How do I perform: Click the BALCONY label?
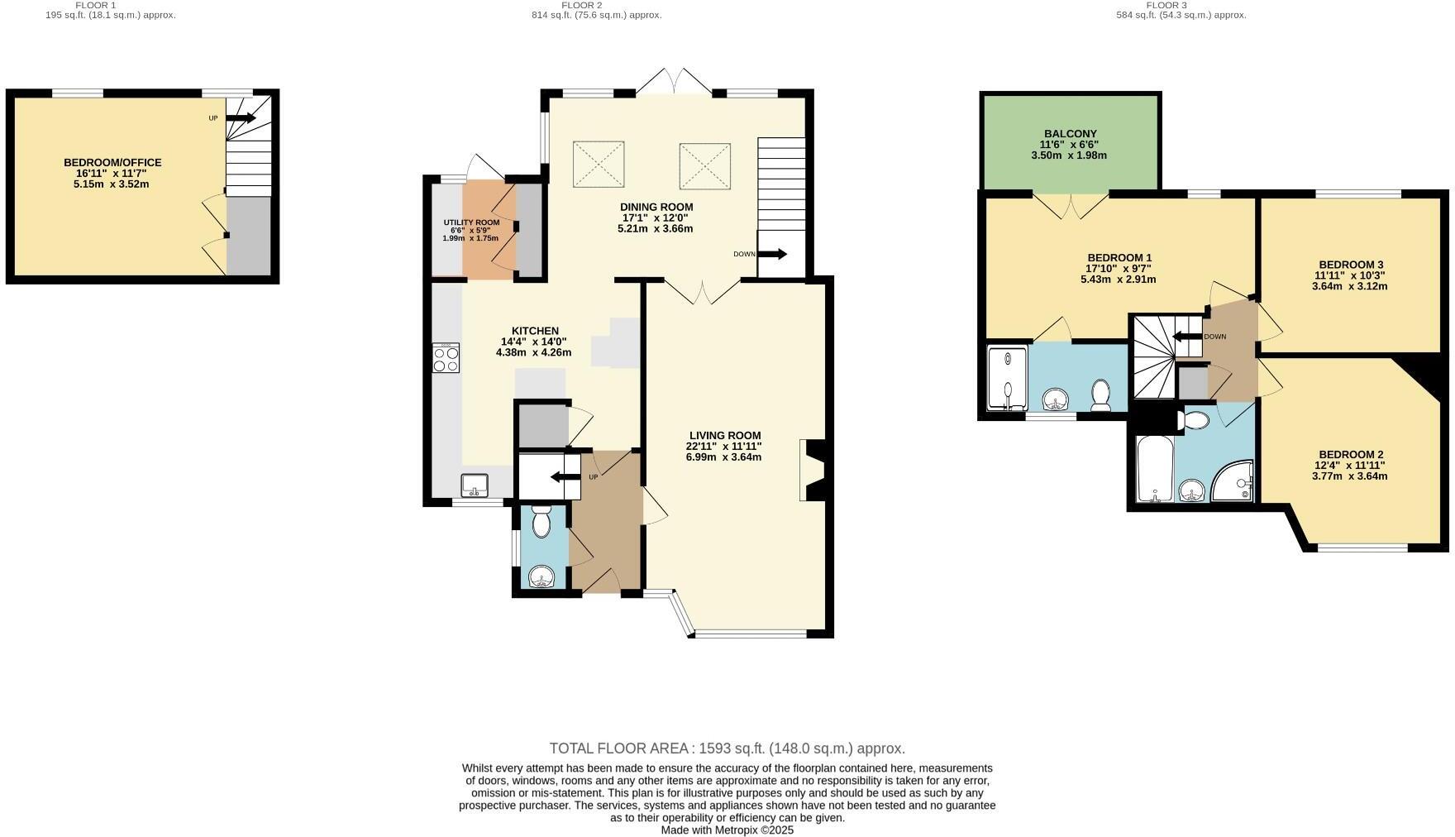tap(1070, 133)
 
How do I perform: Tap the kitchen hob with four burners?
tap(446, 358)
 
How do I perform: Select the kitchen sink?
tap(475, 485)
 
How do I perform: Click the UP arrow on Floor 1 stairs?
tap(241, 118)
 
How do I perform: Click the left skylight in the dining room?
tap(598, 164)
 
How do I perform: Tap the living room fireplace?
tap(810, 471)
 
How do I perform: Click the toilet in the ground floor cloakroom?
tap(541, 522)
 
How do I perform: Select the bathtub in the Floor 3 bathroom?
tap(1150, 469)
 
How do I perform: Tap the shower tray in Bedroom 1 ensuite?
tap(1008, 378)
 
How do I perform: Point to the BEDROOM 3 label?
tap(1351, 265)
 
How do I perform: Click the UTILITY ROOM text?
tap(471, 222)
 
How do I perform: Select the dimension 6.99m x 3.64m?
tap(723, 457)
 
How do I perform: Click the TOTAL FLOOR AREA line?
tap(727, 749)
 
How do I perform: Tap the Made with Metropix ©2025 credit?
tap(727, 830)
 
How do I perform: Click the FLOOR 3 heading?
tap(1166, 5)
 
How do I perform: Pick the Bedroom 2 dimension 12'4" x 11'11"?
tap(1351, 465)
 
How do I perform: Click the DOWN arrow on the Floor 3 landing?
tap(1187, 336)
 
